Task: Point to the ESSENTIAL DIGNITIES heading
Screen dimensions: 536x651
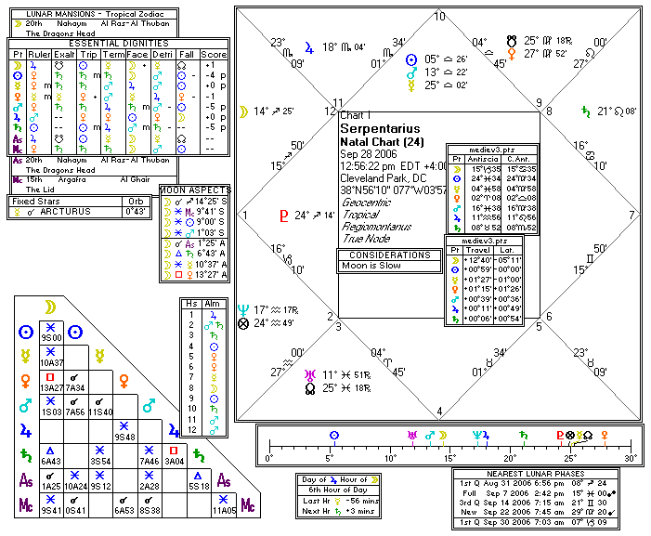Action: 118,43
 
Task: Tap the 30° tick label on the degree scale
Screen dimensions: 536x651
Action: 631,459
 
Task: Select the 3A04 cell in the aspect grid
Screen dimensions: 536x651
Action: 175,459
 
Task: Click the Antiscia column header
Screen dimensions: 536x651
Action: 482,159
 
